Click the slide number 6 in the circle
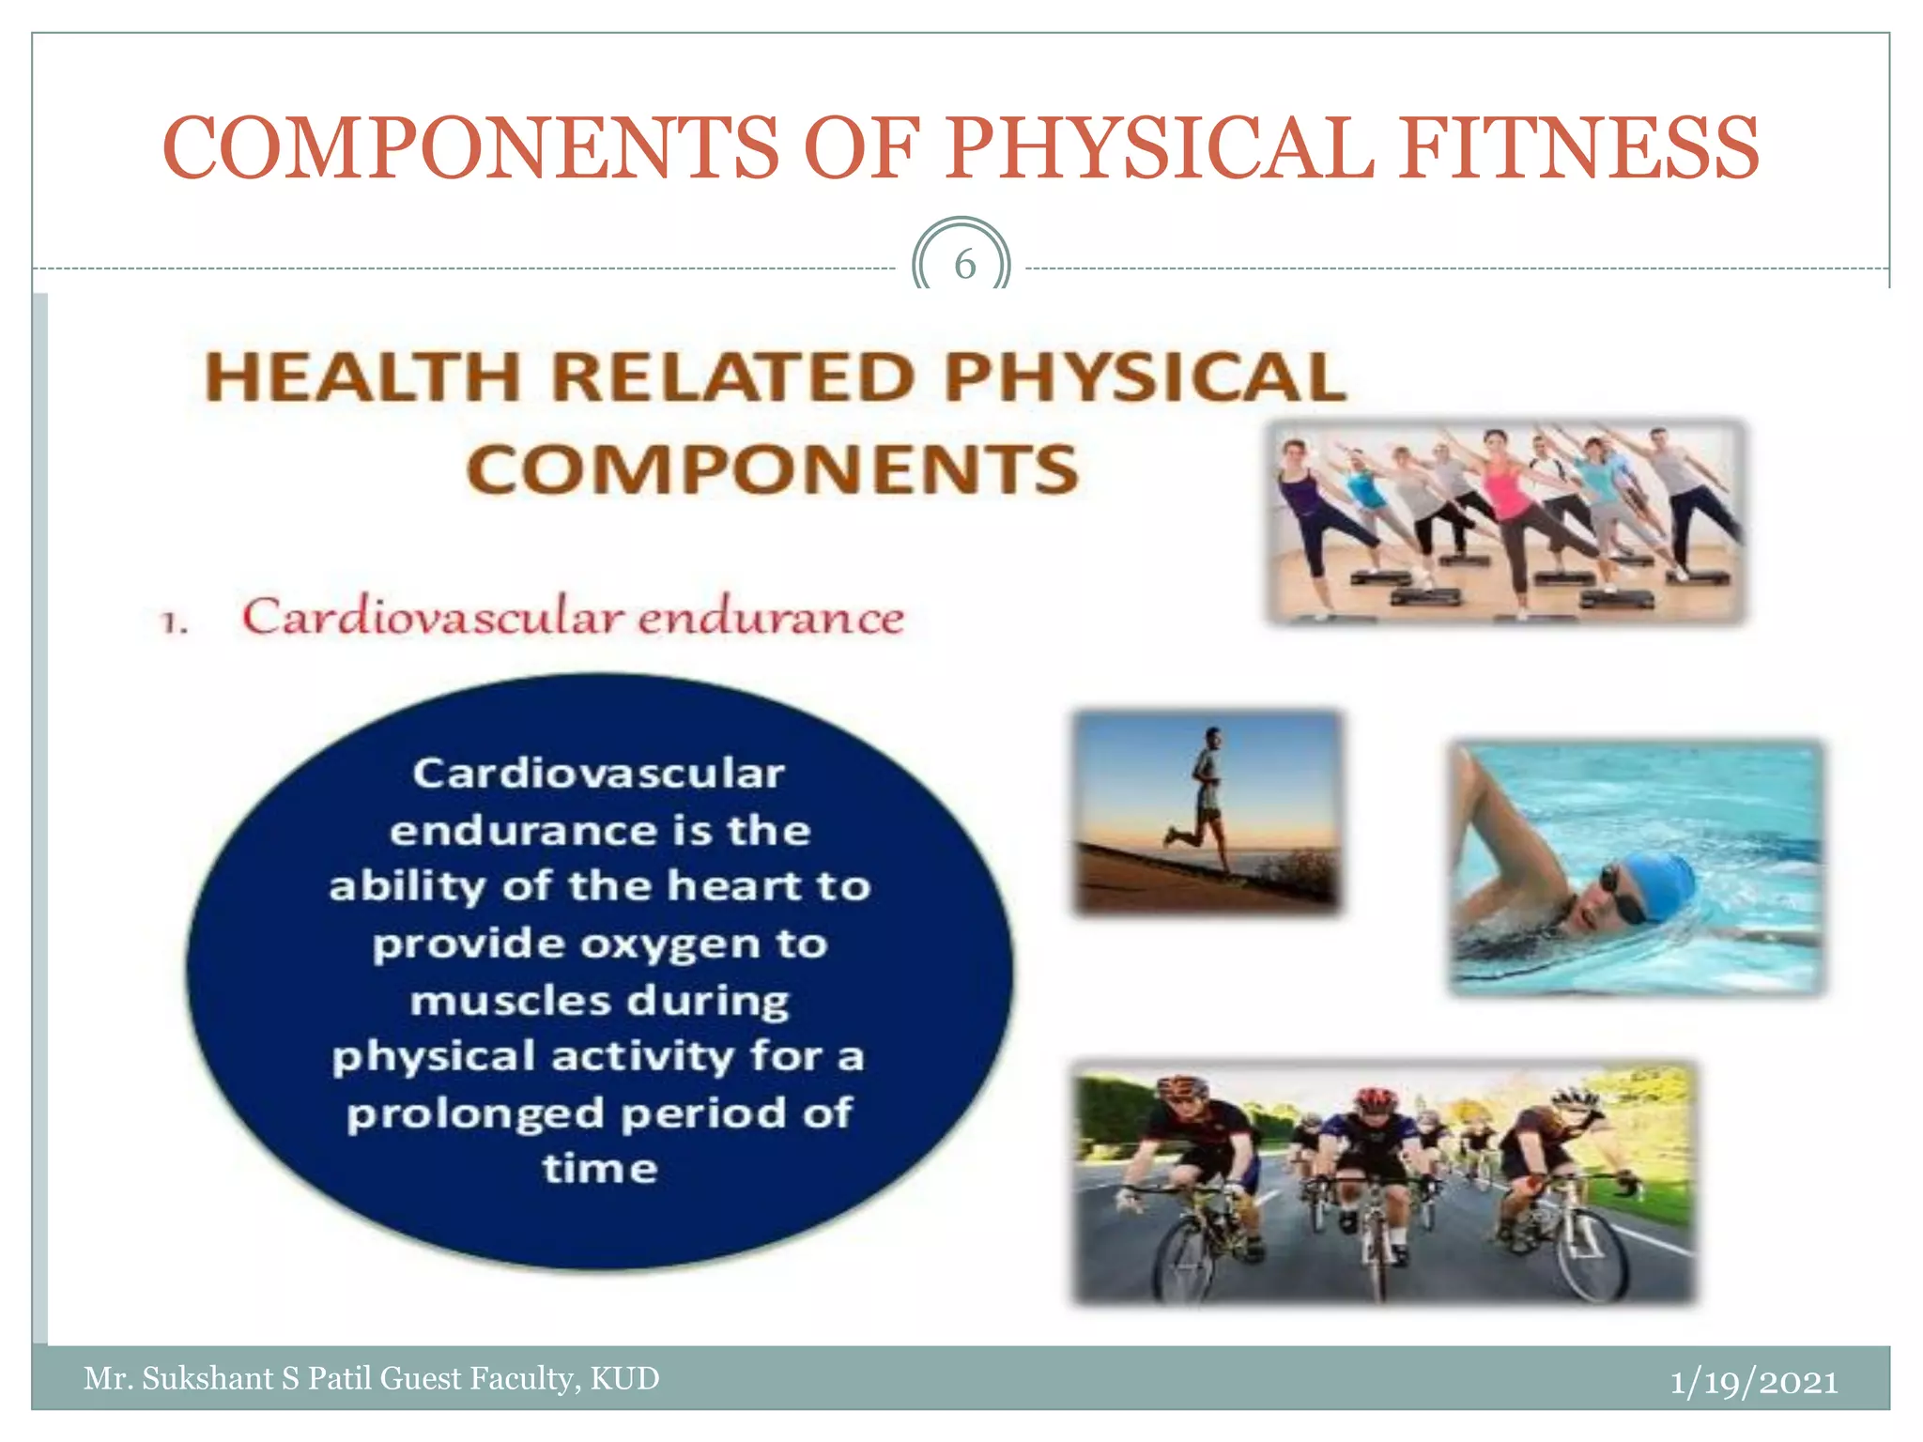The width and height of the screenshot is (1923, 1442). [964, 265]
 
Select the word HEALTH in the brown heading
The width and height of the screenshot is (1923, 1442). [362, 377]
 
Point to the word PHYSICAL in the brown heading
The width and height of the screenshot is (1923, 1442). [1146, 377]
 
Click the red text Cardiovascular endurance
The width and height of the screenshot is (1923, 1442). [573, 618]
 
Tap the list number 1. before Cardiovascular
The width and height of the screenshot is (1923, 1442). [175, 621]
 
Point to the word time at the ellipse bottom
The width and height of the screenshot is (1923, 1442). [600, 1170]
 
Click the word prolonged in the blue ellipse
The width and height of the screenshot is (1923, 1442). [475, 1114]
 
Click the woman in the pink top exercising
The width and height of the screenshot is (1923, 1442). [1509, 498]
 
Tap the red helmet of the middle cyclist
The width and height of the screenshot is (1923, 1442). [1377, 1098]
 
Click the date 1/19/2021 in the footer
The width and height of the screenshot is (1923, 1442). [1753, 1382]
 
